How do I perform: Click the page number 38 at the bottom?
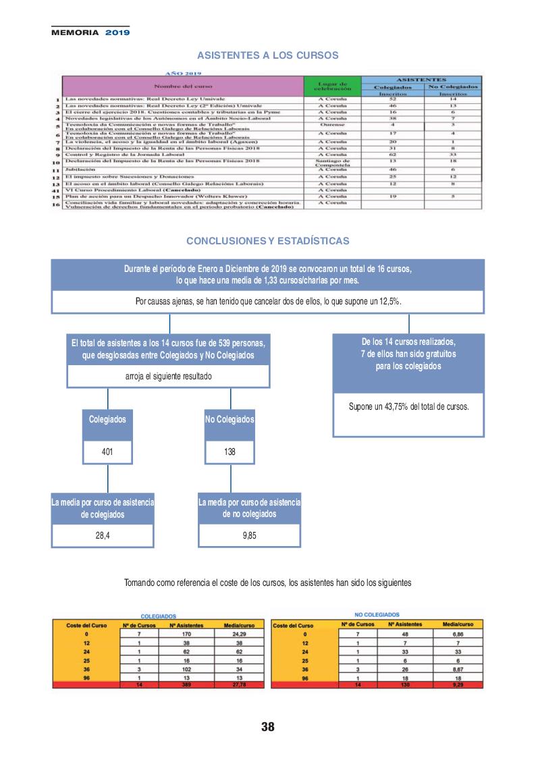click(268, 727)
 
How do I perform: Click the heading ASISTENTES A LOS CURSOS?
click(267, 55)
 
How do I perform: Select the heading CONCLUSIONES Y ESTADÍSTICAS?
click(267, 240)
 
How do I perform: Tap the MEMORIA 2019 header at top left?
click(90, 32)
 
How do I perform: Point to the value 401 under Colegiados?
click(107, 452)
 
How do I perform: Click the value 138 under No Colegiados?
click(230, 452)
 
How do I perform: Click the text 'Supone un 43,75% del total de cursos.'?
click(408, 406)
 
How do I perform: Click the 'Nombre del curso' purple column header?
click(183, 86)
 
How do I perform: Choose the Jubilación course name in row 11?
click(80, 169)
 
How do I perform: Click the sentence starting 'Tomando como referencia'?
click(267, 583)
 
